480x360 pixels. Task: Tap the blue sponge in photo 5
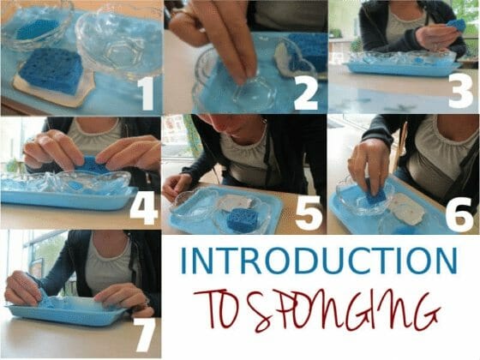(x=243, y=219)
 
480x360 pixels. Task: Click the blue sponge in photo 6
(x=375, y=195)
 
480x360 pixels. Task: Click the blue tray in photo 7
(x=69, y=314)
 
